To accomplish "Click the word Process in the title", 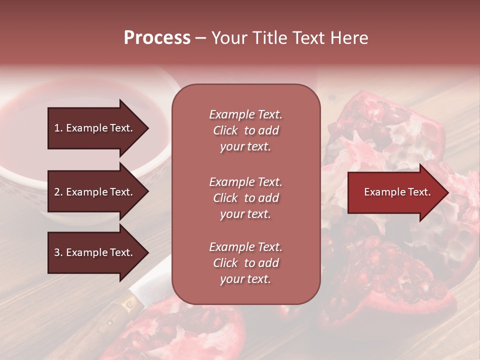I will (x=157, y=38).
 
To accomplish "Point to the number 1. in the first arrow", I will (x=58, y=128).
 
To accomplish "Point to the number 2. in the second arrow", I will (x=58, y=192).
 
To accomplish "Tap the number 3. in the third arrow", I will (x=58, y=252).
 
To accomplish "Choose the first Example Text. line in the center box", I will (x=245, y=114).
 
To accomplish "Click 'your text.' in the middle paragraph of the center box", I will (x=245, y=214).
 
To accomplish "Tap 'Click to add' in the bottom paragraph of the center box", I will (x=245, y=263).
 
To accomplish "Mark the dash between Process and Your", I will (x=201, y=38).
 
